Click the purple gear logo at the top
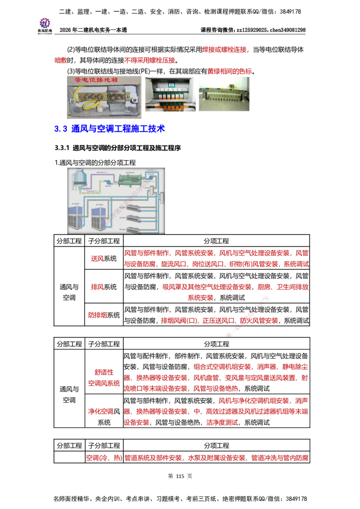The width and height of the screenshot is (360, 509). pos(45,22)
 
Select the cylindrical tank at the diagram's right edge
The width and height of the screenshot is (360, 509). pos(161,196)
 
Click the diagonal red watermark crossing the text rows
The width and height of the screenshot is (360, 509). pos(247,317)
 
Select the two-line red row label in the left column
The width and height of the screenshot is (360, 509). pos(103,378)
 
